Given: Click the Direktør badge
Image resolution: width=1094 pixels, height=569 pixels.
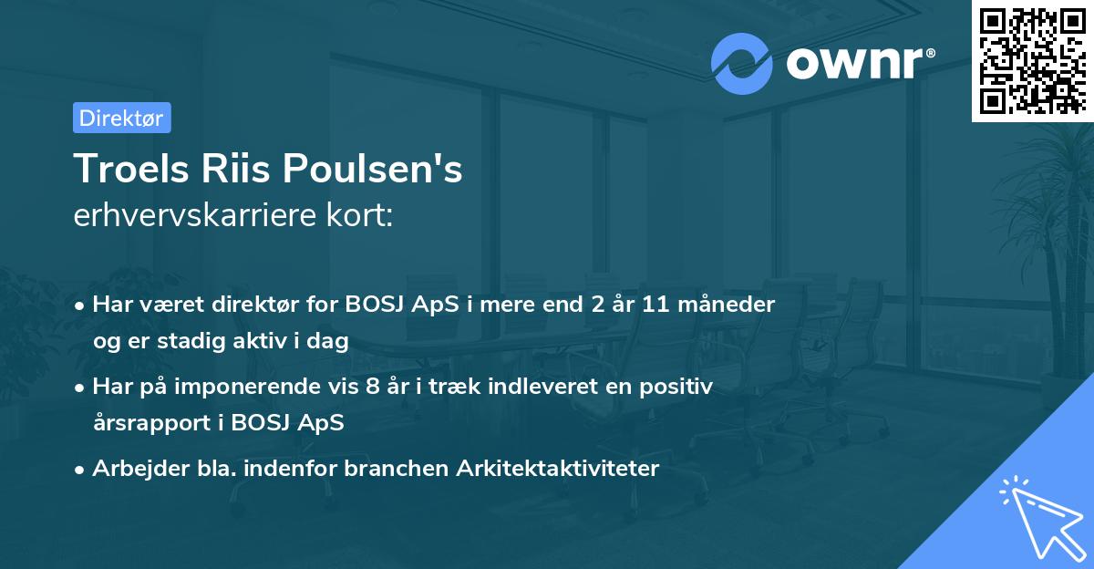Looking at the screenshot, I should pos(121,118).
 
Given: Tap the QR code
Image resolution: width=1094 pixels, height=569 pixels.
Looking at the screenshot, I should pos(1032,60).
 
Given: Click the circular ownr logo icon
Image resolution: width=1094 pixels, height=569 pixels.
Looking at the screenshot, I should pos(741,63).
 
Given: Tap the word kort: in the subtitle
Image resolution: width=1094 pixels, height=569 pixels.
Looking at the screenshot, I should pos(364,216).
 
